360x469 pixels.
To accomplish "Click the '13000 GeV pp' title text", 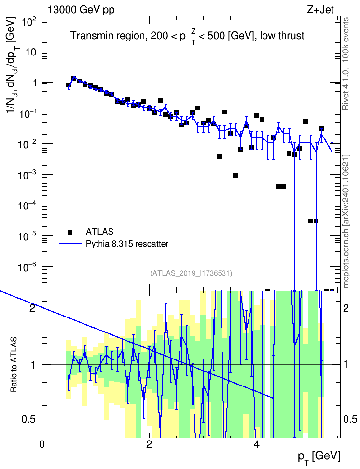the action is coord(81,10).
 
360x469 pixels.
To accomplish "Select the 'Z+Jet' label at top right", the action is coord(320,10).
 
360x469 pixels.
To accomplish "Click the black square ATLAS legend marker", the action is coord(70,232).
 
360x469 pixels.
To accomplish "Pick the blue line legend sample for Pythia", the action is coord(70,244).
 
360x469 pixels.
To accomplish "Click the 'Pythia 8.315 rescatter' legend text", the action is coord(127,244).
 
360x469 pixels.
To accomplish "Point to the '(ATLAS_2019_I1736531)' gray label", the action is coord(191,273).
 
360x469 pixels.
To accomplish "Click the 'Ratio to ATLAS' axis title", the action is coord(14,364).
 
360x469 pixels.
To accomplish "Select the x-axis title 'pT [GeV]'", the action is coord(319,457).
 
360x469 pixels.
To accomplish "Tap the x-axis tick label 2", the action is coord(149,444).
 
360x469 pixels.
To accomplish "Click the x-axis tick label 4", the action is coord(256,444).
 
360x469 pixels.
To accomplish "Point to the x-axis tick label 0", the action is coord(42,444).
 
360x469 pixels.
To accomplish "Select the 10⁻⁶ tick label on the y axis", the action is coord(27,267).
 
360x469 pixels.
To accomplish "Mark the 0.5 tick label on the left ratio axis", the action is coord(29,420).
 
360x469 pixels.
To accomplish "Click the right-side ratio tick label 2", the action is coord(346,308).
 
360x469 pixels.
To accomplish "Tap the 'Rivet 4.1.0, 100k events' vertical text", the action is coord(346,64).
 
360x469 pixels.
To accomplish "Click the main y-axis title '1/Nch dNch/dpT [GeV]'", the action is coord(13,66).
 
